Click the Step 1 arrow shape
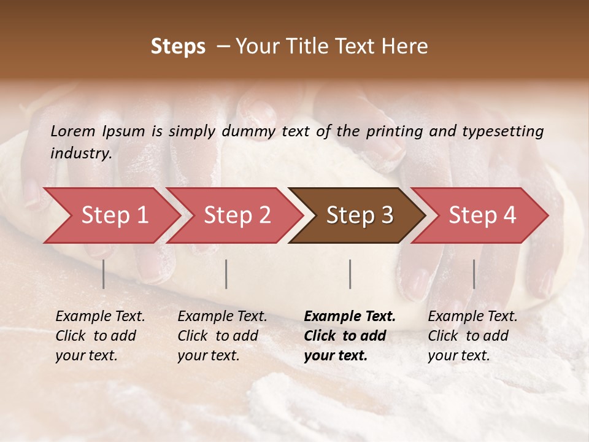[114, 215]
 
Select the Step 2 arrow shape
[237, 215]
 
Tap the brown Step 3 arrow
[360, 215]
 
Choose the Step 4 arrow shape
[482, 215]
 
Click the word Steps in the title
[178, 47]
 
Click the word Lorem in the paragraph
[72, 131]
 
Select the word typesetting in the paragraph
[506, 131]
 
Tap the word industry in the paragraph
[81, 153]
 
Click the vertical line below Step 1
[104, 274]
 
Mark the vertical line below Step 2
[226, 274]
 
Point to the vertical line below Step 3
[350, 274]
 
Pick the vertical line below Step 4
[474, 274]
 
